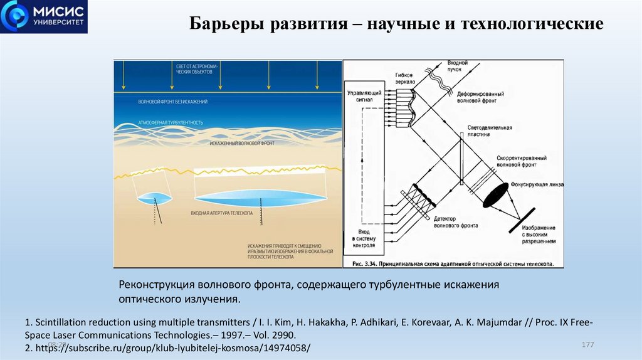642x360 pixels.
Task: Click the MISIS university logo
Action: (45, 17)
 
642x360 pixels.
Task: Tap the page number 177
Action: (587, 346)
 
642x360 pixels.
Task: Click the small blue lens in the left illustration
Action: (154, 198)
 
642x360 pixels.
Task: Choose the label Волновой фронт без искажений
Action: (173, 102)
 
